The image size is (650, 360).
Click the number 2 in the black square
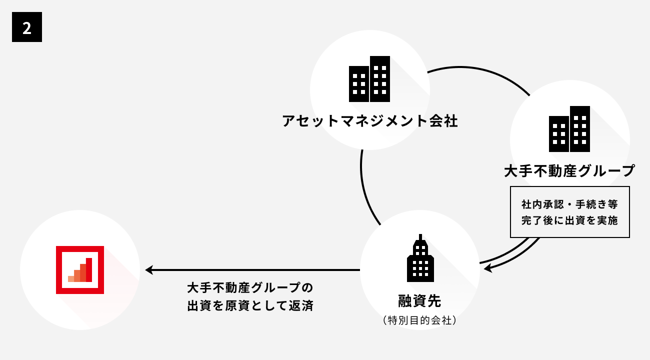27,28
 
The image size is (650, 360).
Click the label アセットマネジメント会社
370,121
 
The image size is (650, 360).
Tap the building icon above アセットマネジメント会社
369,79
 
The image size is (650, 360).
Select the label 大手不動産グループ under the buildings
569,171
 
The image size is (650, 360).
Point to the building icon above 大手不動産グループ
569,129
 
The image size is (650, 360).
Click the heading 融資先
419,301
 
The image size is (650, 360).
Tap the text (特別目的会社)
419,320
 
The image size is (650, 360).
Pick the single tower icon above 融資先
420,258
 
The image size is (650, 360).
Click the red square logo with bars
80,270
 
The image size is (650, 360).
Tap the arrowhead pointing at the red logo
149,270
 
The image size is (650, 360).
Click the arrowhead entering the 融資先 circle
487,268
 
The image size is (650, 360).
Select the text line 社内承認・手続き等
569,204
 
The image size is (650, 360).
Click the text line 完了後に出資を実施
569,220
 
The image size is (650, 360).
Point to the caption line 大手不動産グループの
250,288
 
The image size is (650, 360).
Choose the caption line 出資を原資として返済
250,305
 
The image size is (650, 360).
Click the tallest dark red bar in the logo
89,270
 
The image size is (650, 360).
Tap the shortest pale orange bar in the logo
71,279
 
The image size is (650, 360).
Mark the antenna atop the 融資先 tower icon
420,237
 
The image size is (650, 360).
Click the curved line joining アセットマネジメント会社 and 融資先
365,189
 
